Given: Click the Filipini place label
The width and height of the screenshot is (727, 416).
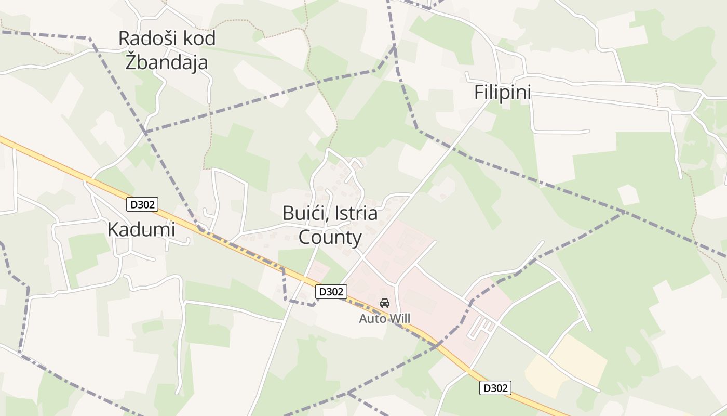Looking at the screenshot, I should pos(503,93).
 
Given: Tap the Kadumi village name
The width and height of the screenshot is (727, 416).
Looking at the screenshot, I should pos(141,229).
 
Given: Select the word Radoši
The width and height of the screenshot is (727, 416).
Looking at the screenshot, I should pos(145,38).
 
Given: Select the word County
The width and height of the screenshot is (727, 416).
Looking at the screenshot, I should pos(330,237).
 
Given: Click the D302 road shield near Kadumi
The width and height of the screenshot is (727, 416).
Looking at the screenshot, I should pos(142,204).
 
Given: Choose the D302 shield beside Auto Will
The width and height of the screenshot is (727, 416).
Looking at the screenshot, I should pos(331,292).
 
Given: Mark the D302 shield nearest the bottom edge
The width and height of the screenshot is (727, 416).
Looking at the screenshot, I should pos(495,388).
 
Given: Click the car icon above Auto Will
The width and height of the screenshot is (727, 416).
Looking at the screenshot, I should pos(385,303).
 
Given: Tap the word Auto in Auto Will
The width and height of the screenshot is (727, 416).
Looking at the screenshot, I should pos(372,318).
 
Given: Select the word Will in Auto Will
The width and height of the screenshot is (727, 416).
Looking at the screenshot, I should pos(399,318).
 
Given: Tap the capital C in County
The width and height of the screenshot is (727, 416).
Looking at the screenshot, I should pos(305,237).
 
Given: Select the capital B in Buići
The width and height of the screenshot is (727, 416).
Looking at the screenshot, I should pos(288,213).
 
